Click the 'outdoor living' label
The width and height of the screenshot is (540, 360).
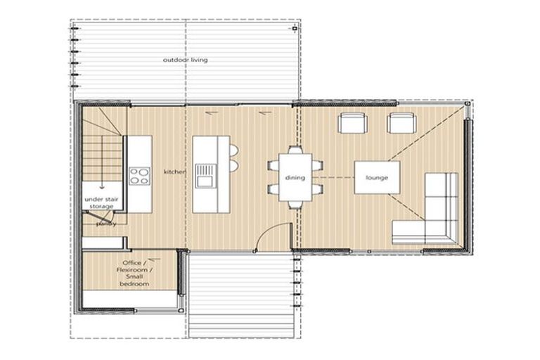[185, 60]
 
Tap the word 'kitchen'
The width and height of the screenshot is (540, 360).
[174, 172]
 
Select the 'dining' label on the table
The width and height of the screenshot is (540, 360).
[295, 178]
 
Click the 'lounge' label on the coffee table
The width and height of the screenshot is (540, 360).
[377, 178]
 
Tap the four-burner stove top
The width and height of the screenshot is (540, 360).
[139, 176]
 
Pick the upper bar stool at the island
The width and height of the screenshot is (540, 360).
[233, 150]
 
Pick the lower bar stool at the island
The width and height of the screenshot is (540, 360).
[233, 165]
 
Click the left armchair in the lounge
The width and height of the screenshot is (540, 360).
[352, 124]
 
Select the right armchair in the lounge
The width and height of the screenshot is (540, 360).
[401, 124]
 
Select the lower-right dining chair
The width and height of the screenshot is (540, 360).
[316, 189]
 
